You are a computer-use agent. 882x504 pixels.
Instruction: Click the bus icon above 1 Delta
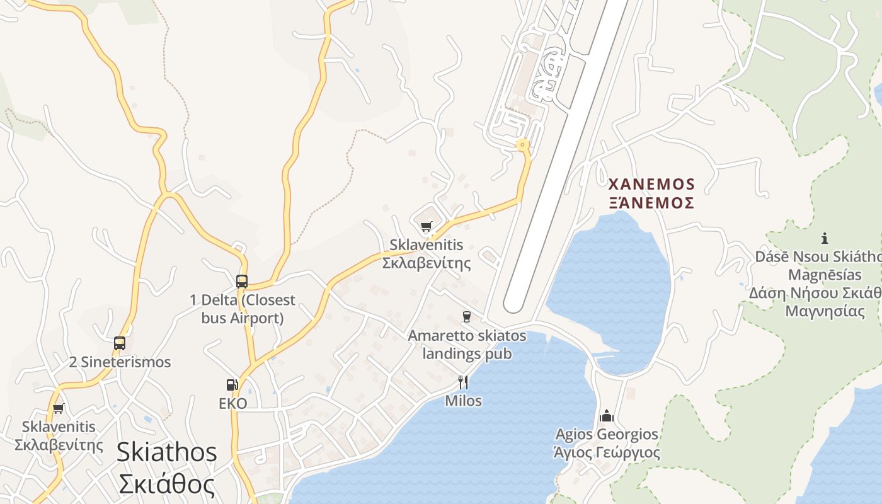[242, 282]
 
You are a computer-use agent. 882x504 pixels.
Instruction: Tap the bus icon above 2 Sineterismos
[120, 343]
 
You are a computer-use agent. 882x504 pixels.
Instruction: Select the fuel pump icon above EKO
[232, 385]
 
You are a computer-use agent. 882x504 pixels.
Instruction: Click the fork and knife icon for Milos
[463, 382]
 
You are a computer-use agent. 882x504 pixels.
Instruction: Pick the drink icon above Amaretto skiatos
[467, 316]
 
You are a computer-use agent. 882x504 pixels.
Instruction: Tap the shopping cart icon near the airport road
[427, 226]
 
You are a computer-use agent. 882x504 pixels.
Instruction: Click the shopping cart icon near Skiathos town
[59, 408]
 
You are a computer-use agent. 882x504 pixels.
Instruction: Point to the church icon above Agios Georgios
[607, 416]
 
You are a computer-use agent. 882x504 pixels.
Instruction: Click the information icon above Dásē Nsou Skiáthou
[825, 238]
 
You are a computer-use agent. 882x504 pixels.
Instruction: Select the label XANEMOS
[651, 185]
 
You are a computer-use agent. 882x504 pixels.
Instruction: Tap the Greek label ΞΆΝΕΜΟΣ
[651, 203]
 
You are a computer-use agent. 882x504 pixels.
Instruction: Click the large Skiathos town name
[167, 452]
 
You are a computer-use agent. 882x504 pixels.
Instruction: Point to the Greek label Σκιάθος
[167, 484]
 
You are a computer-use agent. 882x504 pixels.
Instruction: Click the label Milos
[463, 401]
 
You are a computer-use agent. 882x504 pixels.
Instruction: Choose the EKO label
[232, 404]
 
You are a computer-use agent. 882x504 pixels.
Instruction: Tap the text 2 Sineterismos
[120, 362]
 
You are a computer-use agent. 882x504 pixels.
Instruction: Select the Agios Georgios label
[607, 434]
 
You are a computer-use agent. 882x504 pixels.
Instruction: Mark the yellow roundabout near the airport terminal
[522, 146]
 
